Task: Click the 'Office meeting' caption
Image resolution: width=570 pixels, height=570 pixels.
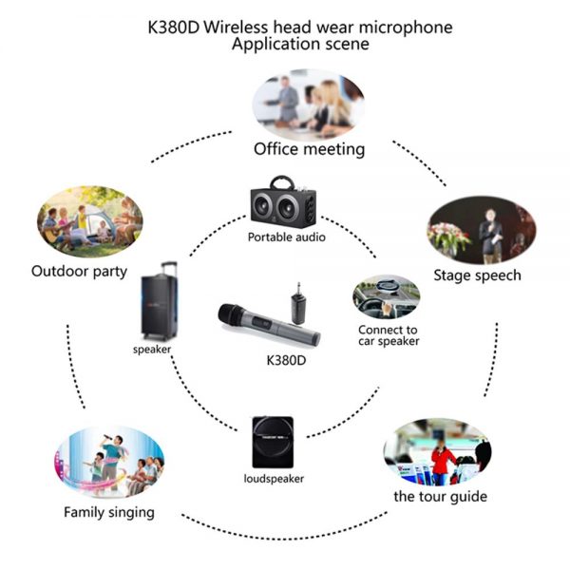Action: tap(309, 149)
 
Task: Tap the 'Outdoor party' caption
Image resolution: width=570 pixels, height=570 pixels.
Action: tap(79, 272)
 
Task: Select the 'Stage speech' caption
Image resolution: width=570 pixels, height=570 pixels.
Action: tap(477, 275)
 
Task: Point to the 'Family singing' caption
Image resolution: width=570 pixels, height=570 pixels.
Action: tap(109, 513)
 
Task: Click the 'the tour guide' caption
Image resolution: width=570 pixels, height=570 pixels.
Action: tap(440, 497)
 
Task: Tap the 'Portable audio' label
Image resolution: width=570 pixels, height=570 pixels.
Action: tap(287, 237)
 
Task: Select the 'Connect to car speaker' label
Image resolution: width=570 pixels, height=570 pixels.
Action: tap(389, 335)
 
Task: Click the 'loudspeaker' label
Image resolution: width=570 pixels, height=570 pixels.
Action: tap(274, 479)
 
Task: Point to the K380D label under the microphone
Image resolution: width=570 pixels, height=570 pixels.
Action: tap(286, 360)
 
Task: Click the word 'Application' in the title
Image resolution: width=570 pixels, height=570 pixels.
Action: tap(275, 45)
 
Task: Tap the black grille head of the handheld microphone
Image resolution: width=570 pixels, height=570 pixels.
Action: tap(231, 314)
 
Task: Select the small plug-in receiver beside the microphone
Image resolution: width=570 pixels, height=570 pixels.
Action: tap(298, 305)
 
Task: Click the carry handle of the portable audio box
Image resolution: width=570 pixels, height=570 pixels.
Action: tap(282, 182)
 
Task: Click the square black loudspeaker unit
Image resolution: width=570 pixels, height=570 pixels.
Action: tap(273, 442)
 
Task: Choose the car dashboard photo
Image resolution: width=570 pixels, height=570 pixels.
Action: tap(386, 297)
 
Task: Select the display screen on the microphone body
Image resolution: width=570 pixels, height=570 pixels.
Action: tap(261, 323)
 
